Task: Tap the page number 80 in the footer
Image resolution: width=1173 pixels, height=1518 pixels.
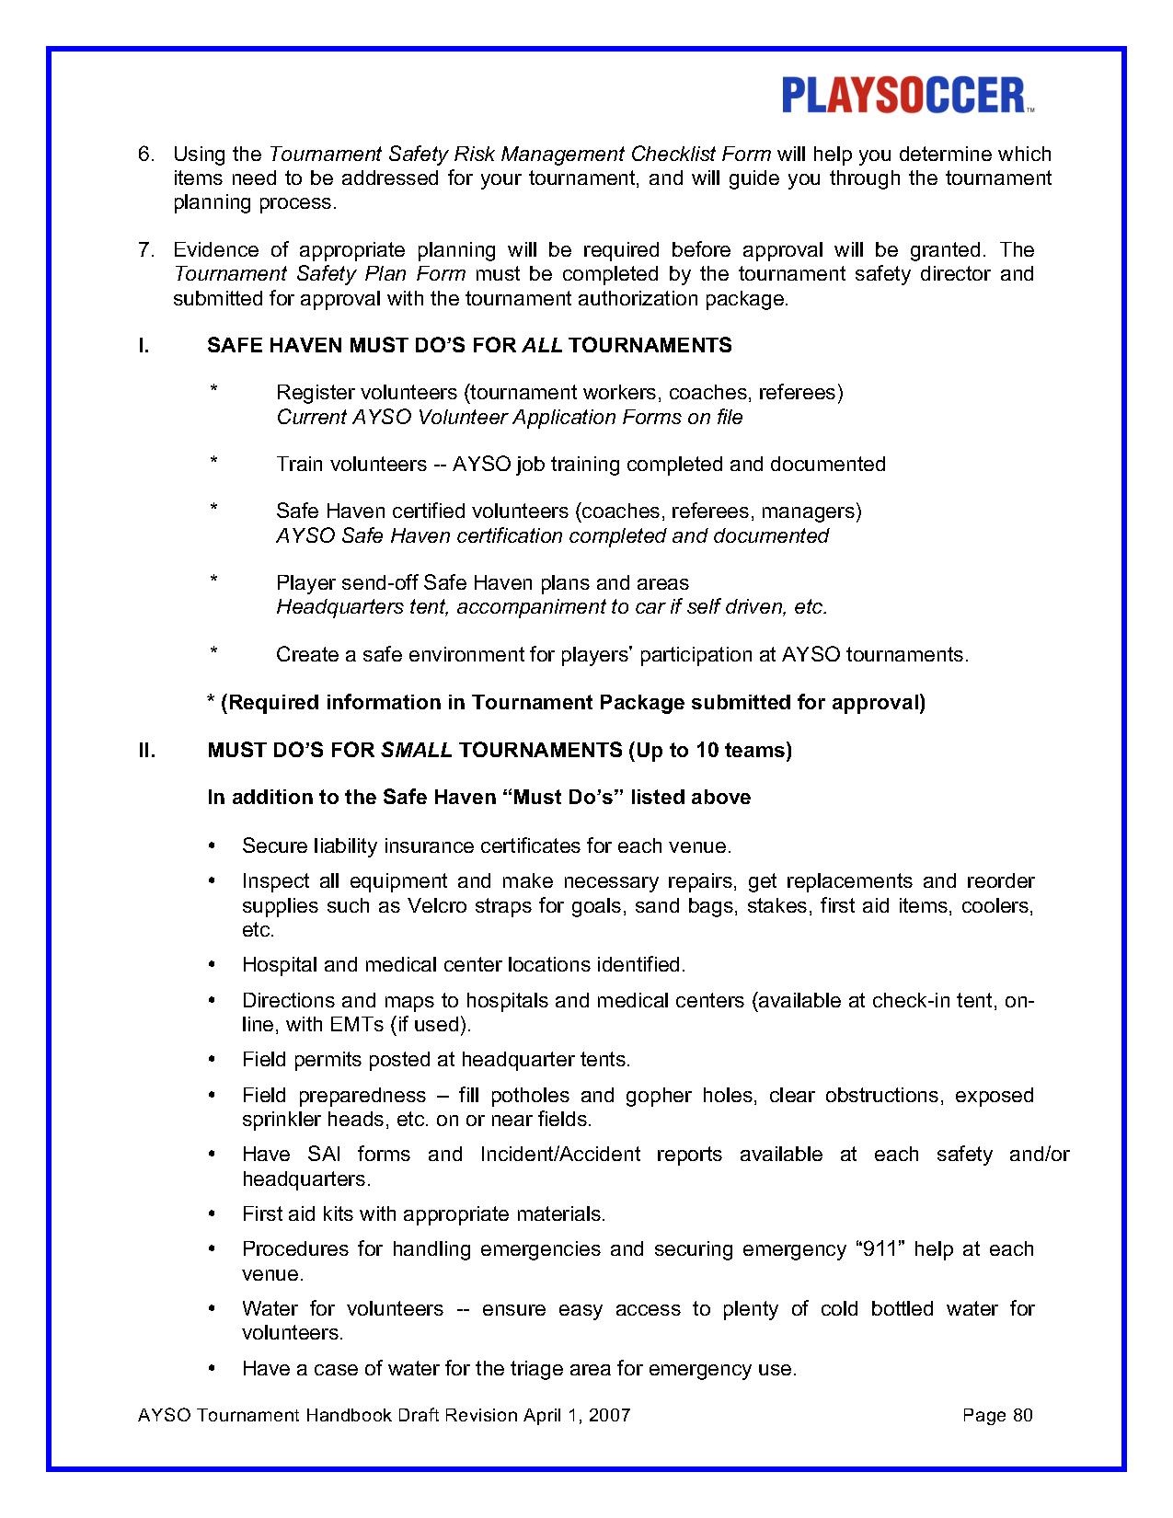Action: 1022,1415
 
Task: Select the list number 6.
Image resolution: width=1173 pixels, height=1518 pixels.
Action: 145,154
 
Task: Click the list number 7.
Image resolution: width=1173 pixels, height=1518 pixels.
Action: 145,249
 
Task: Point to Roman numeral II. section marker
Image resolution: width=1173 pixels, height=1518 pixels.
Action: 146,750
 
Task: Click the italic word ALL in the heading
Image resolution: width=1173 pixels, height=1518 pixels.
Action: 542,345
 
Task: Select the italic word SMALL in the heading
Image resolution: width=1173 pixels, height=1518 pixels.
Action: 416,750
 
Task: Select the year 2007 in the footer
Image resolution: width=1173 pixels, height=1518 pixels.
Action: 609,1415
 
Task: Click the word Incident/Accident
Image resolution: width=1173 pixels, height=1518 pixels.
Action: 559,1155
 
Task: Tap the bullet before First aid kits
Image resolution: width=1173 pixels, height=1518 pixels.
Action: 213,1214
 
